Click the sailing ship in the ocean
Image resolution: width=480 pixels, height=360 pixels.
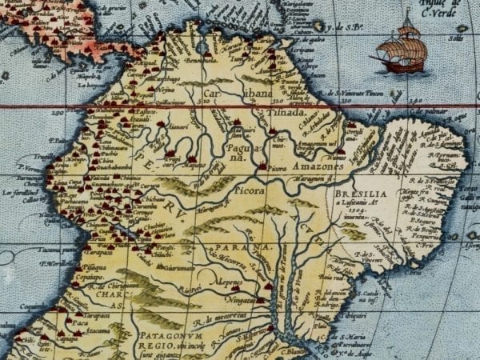(x=402, y=50)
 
